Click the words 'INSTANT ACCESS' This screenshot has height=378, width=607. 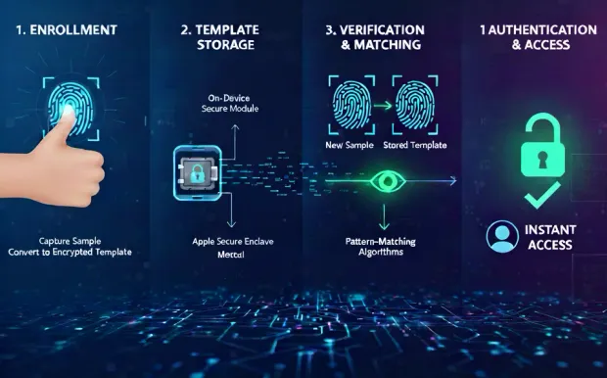point(553,236)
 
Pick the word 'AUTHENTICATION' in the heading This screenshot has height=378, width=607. point(542,29)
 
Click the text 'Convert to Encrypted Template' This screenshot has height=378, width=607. point(70,252)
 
